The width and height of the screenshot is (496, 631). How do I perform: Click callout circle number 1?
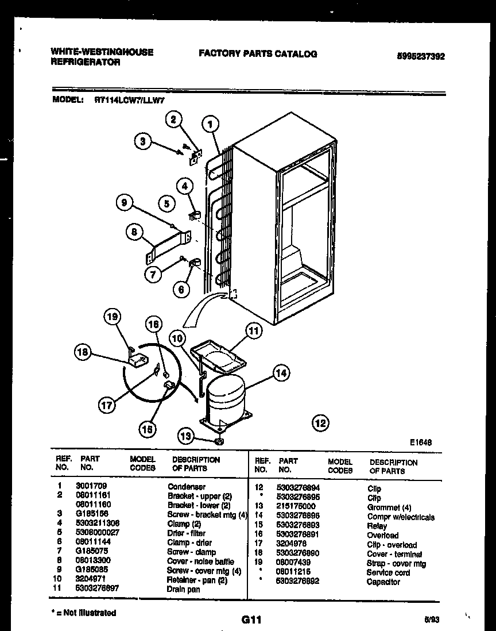pos(211,123)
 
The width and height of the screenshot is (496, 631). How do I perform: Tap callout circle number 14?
pos(280,372)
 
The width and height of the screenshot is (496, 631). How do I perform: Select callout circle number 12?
pos(320,424)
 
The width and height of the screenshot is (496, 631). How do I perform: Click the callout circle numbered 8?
pos(134,232)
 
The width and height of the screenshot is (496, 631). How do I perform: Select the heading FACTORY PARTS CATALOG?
pos(258,53)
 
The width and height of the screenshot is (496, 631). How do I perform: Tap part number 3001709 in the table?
pos(91,486)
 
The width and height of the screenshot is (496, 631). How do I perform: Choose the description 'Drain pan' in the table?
pos(184,589)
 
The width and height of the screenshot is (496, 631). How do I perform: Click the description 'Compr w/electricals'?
pos(401,517)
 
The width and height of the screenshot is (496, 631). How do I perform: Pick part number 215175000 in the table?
pos(296,506)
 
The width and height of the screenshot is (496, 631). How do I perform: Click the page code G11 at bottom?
pos(251,620)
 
